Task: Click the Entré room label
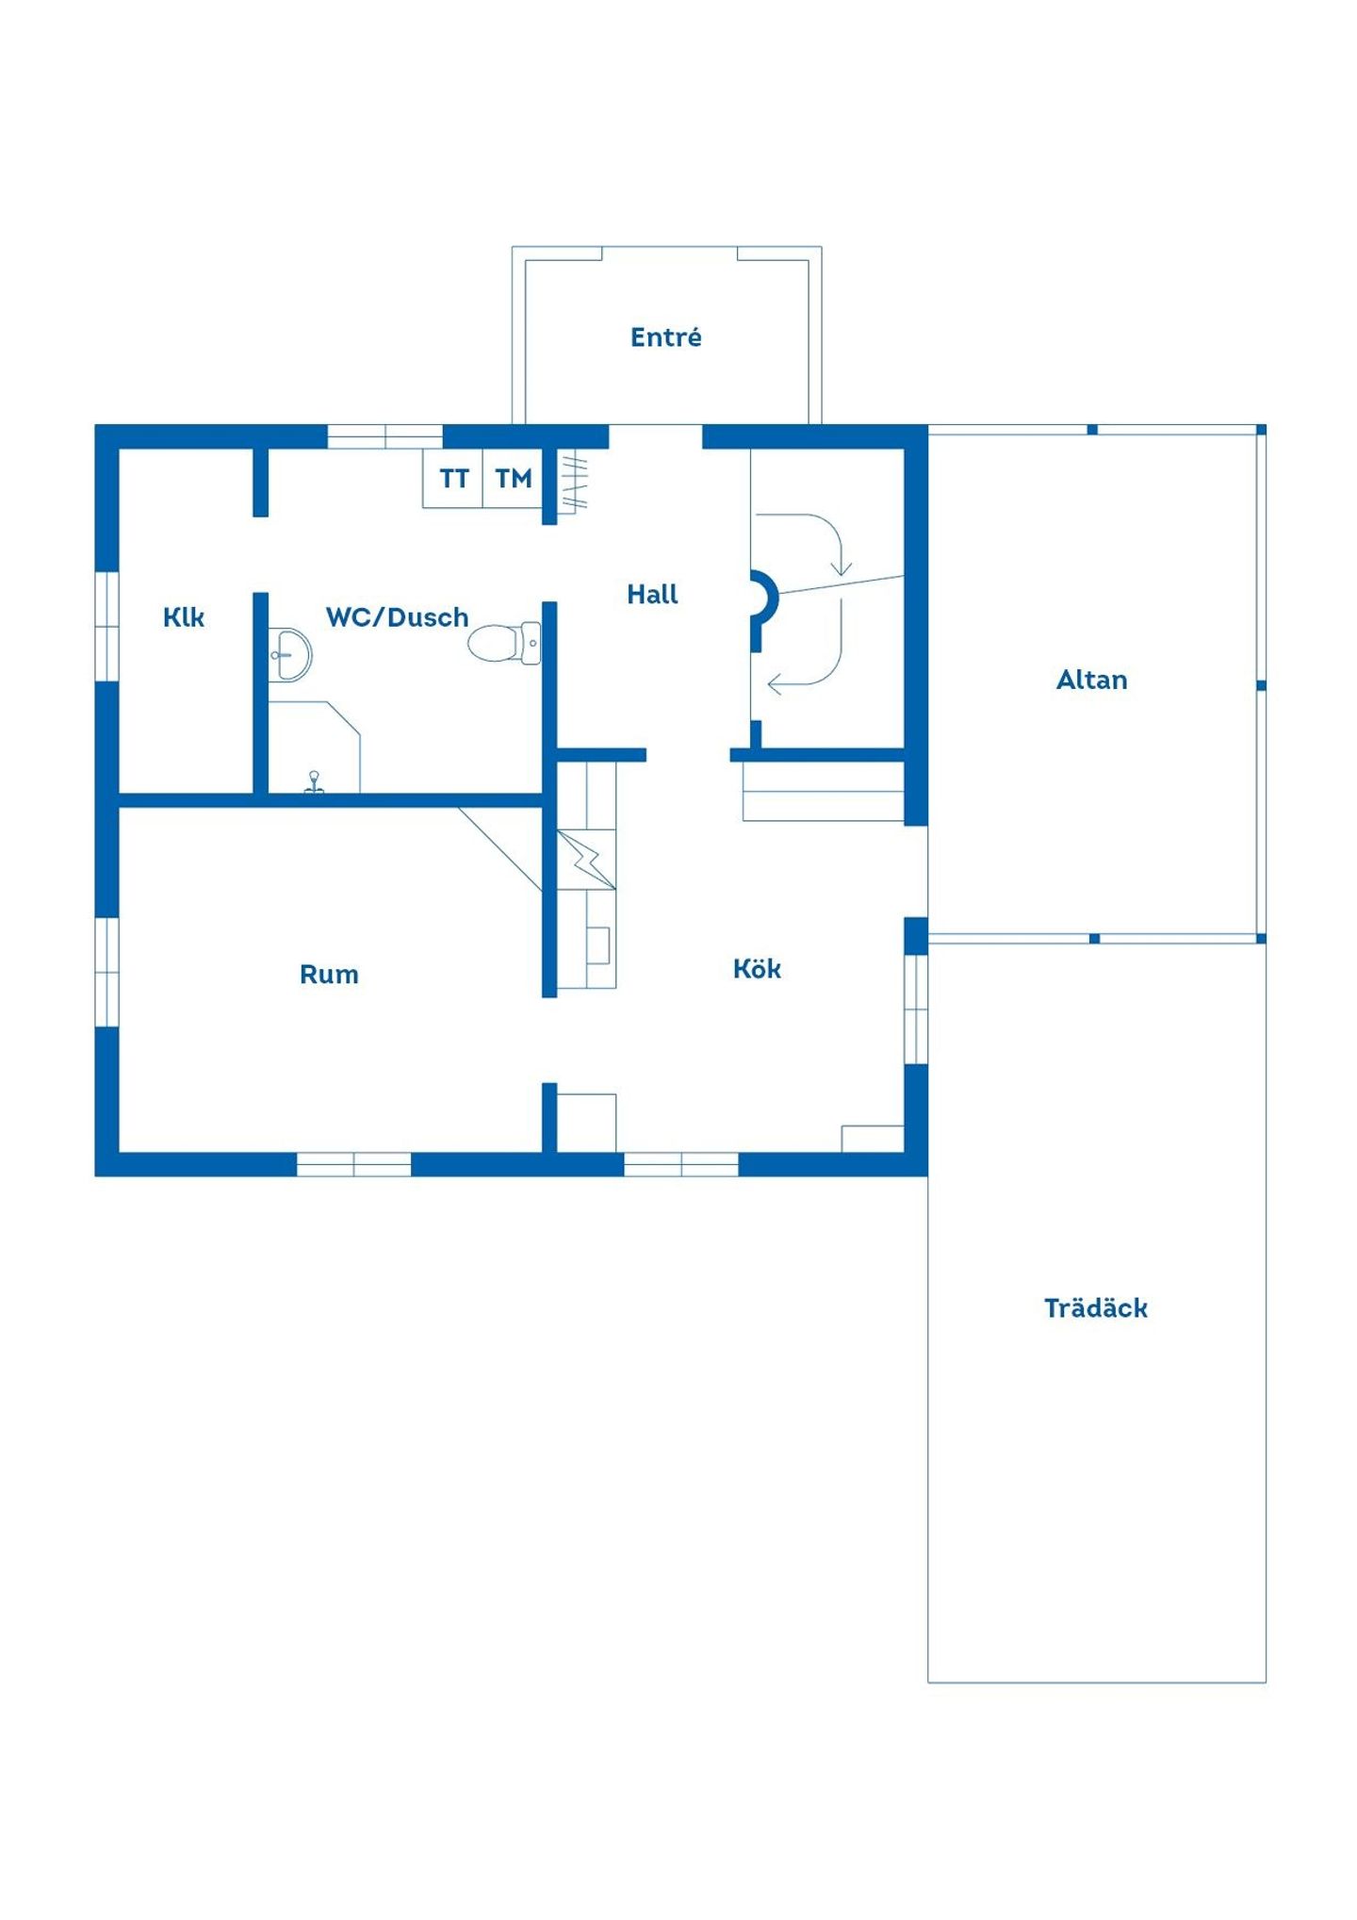665,336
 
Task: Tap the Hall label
652,594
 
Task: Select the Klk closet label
183,617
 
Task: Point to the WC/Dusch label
397,617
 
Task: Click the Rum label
329,974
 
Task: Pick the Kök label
757,968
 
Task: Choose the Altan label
1091,680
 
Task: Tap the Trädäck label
1096,1307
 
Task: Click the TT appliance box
453,479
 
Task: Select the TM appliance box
514,479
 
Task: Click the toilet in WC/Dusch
505,643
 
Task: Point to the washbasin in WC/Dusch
290,654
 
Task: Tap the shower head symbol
314,782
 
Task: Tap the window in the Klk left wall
107,626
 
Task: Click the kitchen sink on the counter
597,945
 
